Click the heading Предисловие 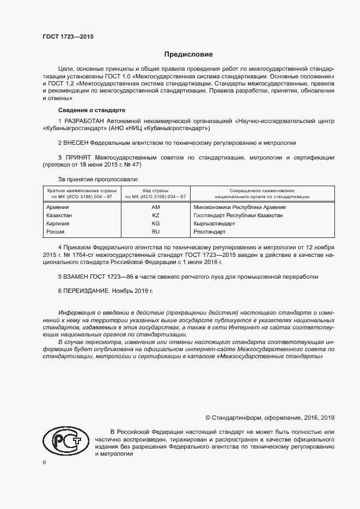pos(189,54)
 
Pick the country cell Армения pos(57,207)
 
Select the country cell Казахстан pos(59,216)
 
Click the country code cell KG pos(156,224)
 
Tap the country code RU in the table pos(156,232)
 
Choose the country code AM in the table pos(156,207)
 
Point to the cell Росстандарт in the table pos(209,232)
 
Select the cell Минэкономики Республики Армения pos(240,207)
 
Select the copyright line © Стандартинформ pos(270,418)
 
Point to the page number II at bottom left pos(44,462)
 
